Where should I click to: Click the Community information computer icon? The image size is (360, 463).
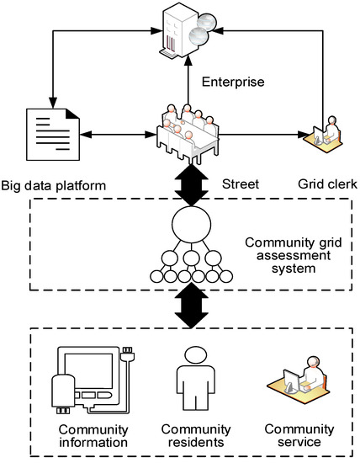click(x=88, y=377)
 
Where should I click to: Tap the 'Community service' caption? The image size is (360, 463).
click(x=288, y=437)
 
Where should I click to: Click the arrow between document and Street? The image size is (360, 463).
click(x=118, y=132)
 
